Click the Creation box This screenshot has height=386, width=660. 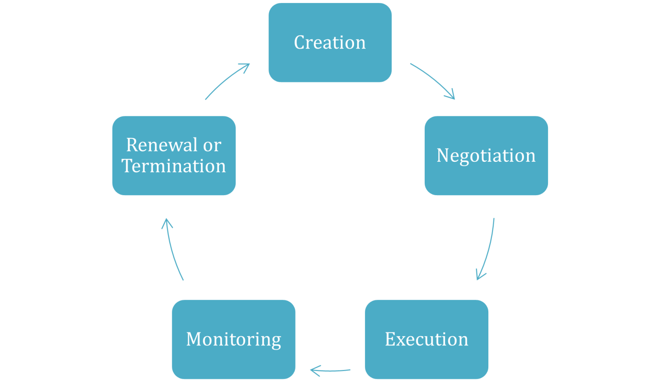click(330, 43)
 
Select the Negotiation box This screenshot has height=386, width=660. click(486, 155)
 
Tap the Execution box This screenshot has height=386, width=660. click(427, 339)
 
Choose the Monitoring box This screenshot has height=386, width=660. click(234, 339)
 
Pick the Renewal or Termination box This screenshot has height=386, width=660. click(174, 155)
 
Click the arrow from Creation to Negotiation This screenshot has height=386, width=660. click(434, 80)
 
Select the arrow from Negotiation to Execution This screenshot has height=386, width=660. click(487, 249)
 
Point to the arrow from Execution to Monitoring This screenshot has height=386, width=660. click(330, 371)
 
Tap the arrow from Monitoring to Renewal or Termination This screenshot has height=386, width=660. click(173, 249)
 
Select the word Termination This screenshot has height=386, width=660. click(174, 166)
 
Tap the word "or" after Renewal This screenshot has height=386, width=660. click(212, 145)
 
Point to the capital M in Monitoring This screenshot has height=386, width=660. click(194, 339)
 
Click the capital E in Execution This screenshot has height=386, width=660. click(390, 339)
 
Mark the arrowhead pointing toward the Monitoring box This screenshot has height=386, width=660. click(314, 371)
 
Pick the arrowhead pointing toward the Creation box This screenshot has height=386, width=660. click(246, 66)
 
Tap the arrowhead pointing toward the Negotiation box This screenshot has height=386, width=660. click(451, 96)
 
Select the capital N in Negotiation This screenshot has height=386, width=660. click(443, 155)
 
